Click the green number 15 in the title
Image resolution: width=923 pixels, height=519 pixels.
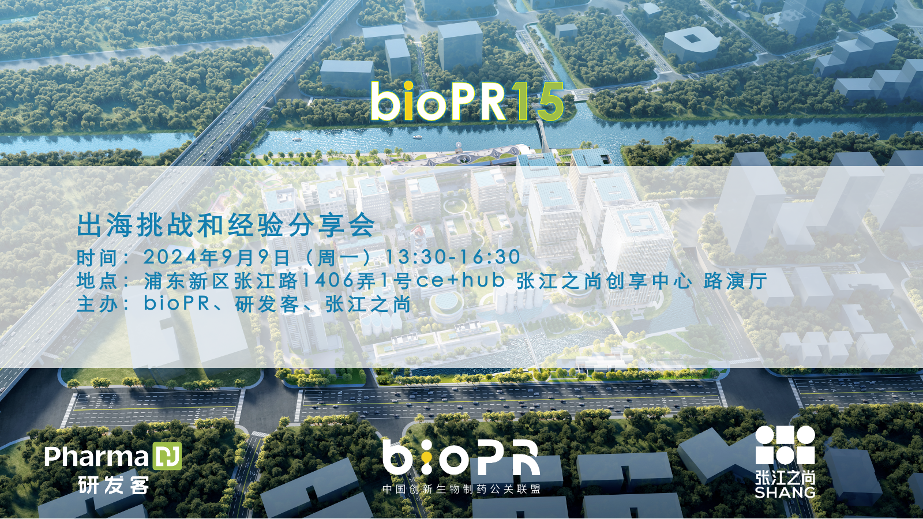pos(540,101)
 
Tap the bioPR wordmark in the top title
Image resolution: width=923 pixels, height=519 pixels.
pos(438,101)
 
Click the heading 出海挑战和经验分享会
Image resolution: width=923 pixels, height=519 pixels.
pos(226,225)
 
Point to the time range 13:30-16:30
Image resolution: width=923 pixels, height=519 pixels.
pos(452,257)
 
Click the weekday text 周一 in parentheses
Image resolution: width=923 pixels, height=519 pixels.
pos(338,257)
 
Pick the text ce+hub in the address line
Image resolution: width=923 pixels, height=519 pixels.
pos(461,281)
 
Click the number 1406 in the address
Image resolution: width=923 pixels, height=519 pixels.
pos(328,281)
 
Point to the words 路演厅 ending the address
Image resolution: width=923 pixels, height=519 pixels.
pos(735,281)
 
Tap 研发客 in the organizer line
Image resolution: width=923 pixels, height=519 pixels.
pos(267,304)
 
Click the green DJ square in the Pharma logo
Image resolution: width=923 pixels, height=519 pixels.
pos(167,456)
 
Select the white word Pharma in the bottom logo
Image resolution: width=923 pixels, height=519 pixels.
pos(96,456)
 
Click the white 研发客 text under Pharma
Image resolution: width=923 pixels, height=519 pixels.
pos(114,485)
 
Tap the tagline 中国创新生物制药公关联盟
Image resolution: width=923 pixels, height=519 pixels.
pos(461,489)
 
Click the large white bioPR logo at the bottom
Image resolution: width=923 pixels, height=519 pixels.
pos(461,457)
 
